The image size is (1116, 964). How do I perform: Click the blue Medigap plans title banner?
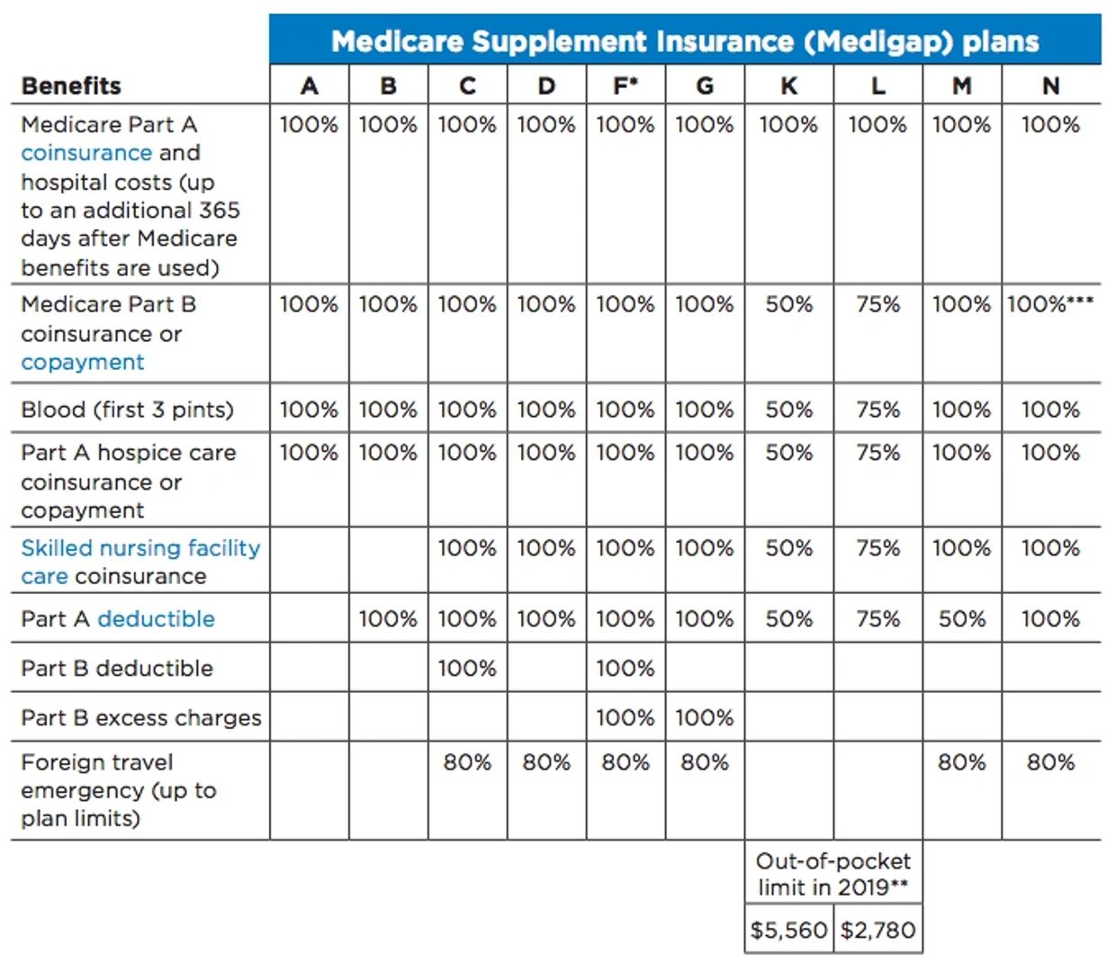[x=684, y=41]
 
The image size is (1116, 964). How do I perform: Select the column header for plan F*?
[x=625, y=86]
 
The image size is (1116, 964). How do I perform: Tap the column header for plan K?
[x=788, y=86]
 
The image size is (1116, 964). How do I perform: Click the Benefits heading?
[x=71, y=86]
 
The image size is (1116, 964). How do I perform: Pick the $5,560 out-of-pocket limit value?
[x=788, y=930]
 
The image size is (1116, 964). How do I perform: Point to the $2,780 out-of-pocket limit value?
[x=877, y=930]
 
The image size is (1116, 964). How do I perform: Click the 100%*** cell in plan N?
[x=1049, y=304]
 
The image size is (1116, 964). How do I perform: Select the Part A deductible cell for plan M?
[x=961, y=619]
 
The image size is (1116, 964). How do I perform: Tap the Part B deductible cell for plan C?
[x=467, y=669]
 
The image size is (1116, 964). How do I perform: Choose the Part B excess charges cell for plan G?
[x=705, y=718]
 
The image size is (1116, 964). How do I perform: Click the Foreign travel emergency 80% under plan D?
[x=546, y=762]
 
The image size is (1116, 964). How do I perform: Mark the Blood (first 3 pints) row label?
[x=127, y=410]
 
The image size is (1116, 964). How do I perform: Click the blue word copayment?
[x=82, y=363]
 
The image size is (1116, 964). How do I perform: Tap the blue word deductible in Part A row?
[x=156, y=619]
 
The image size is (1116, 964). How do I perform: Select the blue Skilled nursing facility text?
[x=140, y=548]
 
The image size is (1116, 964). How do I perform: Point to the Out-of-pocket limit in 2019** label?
[x=832, y=874]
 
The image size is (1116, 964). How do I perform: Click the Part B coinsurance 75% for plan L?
[x=877, y=304]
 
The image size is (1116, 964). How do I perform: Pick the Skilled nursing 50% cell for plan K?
[x=788, y=548]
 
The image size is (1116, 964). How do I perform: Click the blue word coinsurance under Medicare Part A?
[x=85, y=153]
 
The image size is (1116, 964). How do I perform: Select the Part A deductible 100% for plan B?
[x=388, y=619]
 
